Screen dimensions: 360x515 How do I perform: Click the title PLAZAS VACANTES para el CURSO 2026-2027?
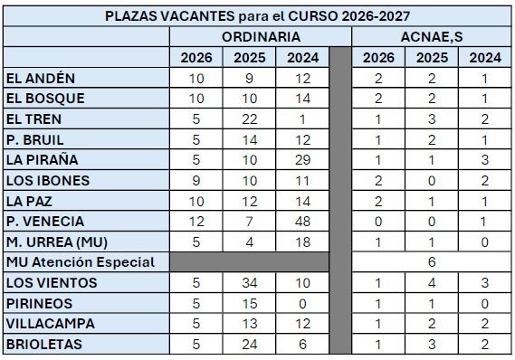coord(257,16)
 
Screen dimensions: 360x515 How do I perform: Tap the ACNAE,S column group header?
coord(431,37)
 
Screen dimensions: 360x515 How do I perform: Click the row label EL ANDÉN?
coord(41,78)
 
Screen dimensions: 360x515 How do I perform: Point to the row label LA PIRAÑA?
coord(41,160)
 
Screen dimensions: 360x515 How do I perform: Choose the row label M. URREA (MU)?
coord(53,242)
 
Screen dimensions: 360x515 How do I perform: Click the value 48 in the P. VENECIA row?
coord(303,221)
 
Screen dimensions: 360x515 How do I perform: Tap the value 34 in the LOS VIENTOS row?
coord(250,282)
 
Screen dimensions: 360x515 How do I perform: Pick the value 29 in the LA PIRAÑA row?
coord(303,160)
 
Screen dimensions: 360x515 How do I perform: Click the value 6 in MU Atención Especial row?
coord(432,262)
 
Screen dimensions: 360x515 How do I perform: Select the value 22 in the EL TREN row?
coord(250,118)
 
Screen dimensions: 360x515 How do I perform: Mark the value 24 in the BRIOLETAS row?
coord(250,344)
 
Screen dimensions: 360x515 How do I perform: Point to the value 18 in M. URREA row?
coord(303,242)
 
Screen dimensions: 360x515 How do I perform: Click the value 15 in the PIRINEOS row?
coord(250,303)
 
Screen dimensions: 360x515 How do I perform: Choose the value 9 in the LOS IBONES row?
coord(196,180)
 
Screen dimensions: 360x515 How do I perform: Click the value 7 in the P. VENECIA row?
coord(250,221)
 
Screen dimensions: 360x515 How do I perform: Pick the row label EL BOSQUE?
coord(44,98)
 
